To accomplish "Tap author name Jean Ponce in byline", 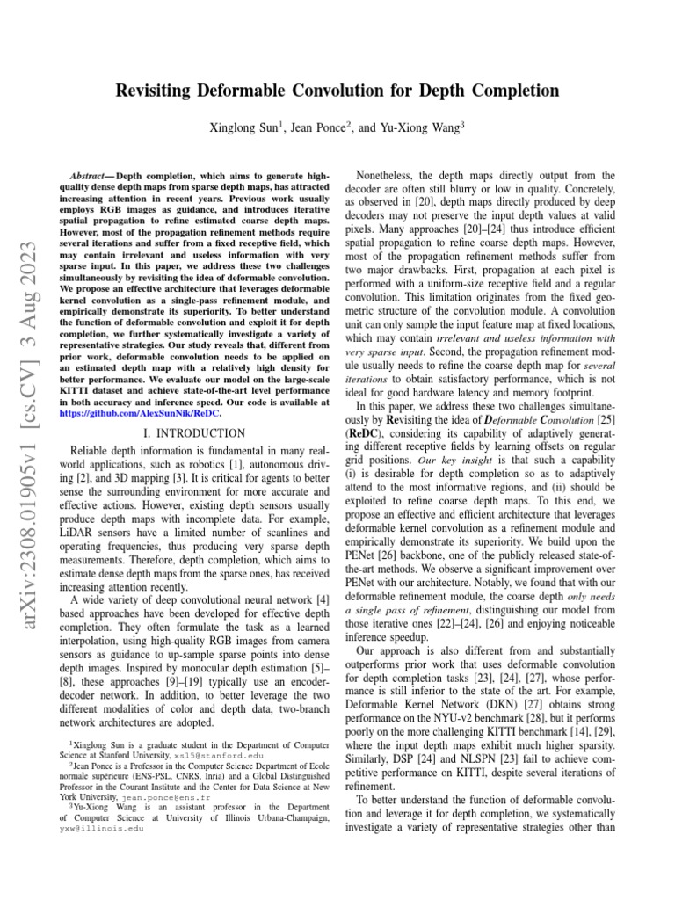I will (x=320, y=128).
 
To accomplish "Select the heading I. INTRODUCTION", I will (x=194, y=433).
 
